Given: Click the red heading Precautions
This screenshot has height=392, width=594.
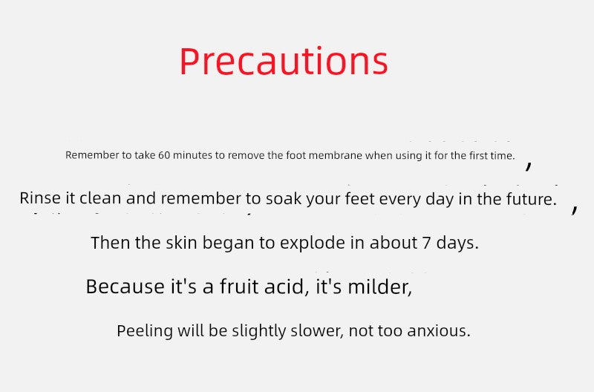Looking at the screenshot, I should point(284,62).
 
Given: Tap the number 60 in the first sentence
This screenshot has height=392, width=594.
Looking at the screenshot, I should point(165,156).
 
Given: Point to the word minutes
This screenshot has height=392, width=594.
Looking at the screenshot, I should point(194,156).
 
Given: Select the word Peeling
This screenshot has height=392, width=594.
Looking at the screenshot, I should point(145,331).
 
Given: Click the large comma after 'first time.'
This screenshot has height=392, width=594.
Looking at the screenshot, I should point(529,166).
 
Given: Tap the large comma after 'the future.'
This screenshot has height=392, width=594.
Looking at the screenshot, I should point(575,209).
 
